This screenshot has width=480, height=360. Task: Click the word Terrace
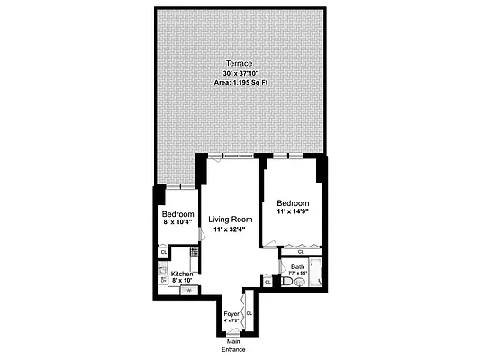coord(239,63)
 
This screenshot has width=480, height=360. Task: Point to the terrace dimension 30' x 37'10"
coord(239,73)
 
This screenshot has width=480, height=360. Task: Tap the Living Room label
coord(230,220)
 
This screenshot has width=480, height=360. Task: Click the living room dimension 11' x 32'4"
coord(230,230)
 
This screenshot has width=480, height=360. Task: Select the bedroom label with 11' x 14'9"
coord(294,202)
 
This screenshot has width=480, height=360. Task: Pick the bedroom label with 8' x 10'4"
coord(178,214)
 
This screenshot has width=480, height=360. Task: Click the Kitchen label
coord(182,274)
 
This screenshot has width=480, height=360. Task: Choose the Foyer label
coord(231,314)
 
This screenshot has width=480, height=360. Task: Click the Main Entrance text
coord(232,346)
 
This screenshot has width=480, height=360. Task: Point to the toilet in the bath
coord(287,282)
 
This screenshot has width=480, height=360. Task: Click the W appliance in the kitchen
coord(189,290)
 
